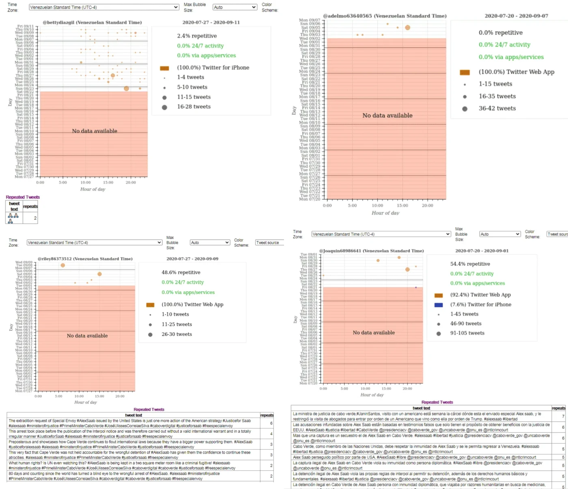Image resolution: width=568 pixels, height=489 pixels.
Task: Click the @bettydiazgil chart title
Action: point(92,22)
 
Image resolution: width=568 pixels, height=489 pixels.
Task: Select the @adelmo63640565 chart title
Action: point(385,16)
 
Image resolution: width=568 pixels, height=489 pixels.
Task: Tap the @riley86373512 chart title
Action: point(85,259)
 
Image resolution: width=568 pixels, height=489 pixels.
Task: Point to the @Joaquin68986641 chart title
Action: point(371,251)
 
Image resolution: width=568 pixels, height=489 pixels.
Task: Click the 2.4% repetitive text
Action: point(197,36)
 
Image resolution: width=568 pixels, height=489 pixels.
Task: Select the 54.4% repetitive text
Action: point(470,264)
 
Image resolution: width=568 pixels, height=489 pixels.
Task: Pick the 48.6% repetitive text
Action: point(181,272)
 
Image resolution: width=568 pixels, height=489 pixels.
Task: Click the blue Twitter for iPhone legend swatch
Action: point(438,305)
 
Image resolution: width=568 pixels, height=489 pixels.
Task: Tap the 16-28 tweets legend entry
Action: point(194,106)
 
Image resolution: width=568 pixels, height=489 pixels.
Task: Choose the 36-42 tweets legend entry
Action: point(497,108)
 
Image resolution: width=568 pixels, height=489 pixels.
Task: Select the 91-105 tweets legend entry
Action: point(467,333)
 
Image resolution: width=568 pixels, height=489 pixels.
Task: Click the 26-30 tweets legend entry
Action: point(176,334)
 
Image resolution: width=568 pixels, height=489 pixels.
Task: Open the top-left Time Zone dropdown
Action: point(104,7)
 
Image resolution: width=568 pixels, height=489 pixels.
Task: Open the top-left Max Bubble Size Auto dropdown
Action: point(235,7)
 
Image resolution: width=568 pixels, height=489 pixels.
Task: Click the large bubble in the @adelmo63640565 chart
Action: point(407,28)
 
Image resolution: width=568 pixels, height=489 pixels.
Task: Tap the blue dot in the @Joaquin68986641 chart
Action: point(416,288)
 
